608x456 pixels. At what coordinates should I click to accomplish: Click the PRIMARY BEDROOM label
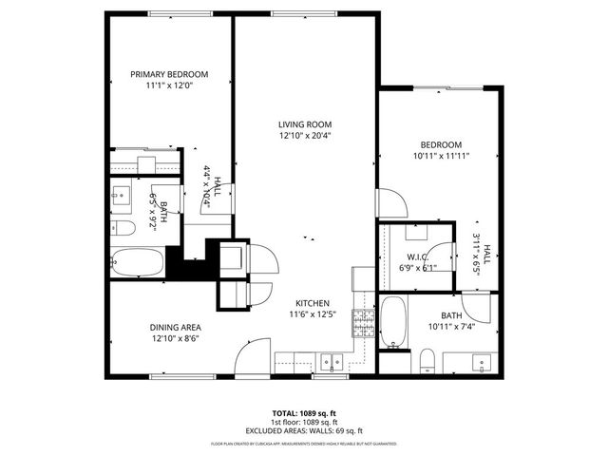(168, 74)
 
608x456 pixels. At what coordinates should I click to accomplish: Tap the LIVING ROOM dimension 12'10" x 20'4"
(304, 135)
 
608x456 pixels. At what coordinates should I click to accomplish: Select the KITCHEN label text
(310, 302)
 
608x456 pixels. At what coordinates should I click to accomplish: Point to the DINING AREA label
(175, 326)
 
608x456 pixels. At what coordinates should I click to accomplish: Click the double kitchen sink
(332, 361)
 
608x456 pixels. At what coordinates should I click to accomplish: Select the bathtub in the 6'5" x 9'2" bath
(139, 260)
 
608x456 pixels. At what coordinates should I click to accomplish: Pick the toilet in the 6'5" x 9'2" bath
(122, 229)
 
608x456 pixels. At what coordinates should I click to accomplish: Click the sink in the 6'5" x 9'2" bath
(121, 197)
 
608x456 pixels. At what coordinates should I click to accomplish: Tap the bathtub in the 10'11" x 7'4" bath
(392, 325)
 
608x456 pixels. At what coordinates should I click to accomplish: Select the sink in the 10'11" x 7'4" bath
(482, 361)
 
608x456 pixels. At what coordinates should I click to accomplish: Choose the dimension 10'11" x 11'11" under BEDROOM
(442, 155)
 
